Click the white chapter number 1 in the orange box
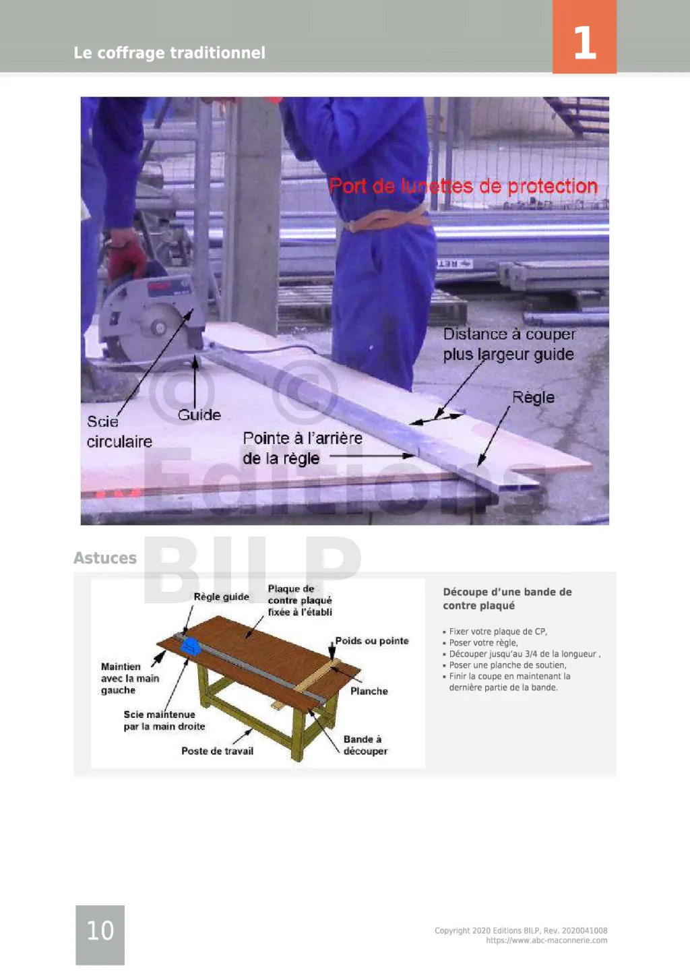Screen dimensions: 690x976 pyautogui.click(x=585, y=42)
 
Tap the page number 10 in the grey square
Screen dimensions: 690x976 pyautogui.click(x=100, y=930)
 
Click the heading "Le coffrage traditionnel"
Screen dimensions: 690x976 pyautogui.click(x=169, y=53)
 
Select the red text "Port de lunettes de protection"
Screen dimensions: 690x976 pyautogui.click(x=464, y=187)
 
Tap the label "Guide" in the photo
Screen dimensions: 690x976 pyautogui.click(x=199, y=415)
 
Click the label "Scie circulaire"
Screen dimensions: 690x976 pyautogui.click(x=119, y=431)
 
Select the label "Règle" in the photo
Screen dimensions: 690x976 pyautogui.click(x=533, y=398)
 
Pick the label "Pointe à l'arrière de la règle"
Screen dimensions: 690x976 pyautogui.click(x=303, y=448)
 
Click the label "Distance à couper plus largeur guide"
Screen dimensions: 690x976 pyautogui.click(x=509, y=344)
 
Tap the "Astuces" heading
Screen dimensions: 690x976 pyautogui.click(x=105, y=557)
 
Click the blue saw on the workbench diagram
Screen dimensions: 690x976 pyautogui.click(x=191, y=646)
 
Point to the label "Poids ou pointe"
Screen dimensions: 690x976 pyautogui.click(x=372, y=640)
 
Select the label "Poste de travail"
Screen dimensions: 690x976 pyautogui.click(x=218, y=751)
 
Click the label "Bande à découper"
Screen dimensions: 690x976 pyautogui.click(x=365, y=745)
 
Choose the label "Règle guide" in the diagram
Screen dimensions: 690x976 pyautogui.click(x=221, y=597)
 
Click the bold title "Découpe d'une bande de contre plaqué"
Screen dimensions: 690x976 pyautogui.click(x=507, y=599)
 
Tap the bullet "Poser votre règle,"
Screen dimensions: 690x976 pyautogui.click(x=483, y=642)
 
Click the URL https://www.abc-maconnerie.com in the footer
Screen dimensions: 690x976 pyautogui.click(x=546, y=940)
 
